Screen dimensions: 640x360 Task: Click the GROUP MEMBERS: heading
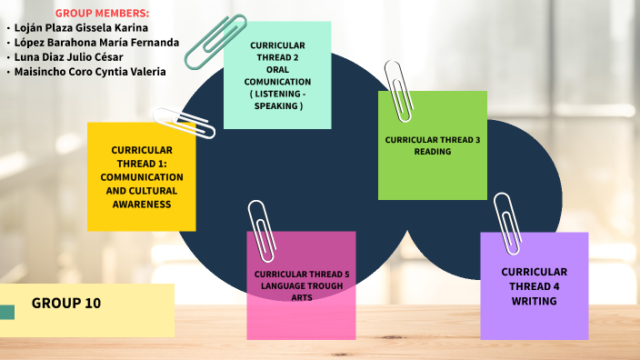(x=102, y=14)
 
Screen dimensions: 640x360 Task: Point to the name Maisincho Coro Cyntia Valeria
(x=91, y=71)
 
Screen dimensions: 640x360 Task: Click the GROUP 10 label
(x=66, y=304)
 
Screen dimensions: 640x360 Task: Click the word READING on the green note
(x=433, y=152)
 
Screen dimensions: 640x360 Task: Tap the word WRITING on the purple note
(x=534, y=300)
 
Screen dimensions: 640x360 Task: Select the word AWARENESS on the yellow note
(x=142, y=205)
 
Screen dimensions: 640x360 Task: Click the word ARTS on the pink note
(x=302, y=297)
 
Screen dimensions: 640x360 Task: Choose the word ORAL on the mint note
(x=277, y=68)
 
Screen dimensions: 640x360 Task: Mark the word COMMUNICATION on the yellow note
(x=142, y=177)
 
